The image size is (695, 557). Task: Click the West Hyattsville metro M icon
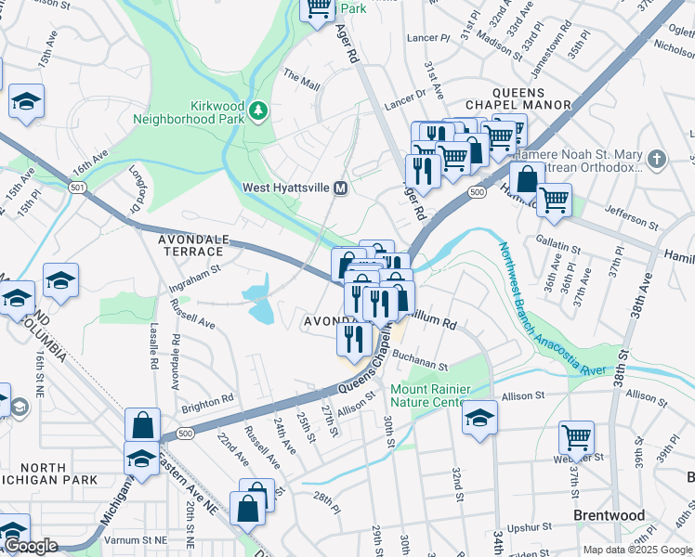tap(341, 188)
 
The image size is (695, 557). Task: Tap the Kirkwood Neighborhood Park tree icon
tap(258, 112)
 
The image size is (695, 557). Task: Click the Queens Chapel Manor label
tap(531, 98)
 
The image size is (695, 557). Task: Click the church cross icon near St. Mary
tap(658, 158)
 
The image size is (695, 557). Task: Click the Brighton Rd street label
tap(207, 401)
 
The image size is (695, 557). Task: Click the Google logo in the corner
tap(31, 547)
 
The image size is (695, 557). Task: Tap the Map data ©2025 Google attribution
tap(637, 550)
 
